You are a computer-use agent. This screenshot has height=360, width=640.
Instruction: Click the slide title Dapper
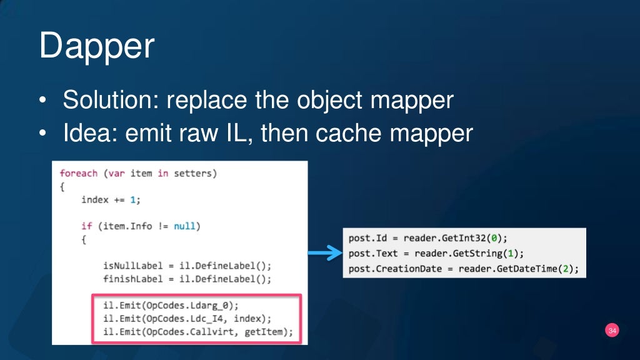point(96,47)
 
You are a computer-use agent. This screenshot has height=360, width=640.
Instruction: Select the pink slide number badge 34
point(612,331)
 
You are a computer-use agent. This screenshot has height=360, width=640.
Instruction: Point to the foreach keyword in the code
point(79,172)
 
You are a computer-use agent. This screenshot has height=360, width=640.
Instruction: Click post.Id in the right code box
point(367,238)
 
